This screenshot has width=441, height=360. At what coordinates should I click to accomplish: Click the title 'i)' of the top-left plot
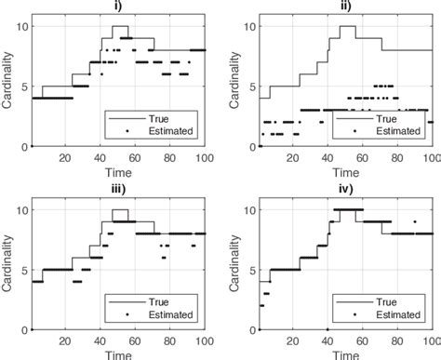118,6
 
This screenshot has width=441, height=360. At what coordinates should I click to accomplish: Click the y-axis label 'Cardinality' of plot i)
7,86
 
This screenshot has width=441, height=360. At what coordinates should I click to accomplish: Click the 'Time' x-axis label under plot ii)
346,173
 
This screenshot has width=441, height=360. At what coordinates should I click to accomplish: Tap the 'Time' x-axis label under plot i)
118,173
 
